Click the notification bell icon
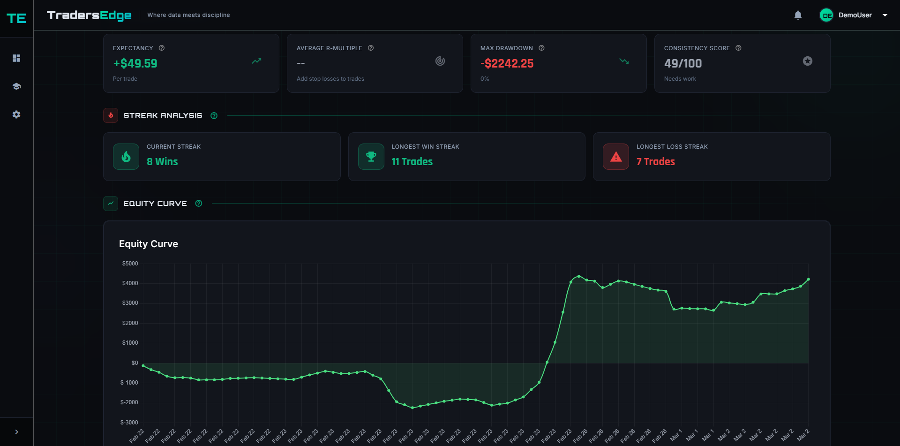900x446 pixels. [798, 15]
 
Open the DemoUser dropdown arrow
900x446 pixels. [885, 15]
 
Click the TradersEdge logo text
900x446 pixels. [89, 15]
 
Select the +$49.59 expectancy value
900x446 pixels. [135, 63]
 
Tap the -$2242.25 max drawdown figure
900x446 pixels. [507, 63]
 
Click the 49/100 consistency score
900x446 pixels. [683, 63]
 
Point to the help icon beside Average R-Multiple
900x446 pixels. [371, 48]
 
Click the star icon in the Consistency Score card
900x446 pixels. [807, 61]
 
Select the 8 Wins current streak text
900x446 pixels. [162, 161]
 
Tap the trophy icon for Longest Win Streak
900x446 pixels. [371, 157]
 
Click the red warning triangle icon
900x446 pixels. [616, 157]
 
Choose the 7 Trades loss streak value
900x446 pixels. [655, 161]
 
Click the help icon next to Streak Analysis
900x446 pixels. [214, 115]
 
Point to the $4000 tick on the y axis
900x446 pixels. [130, 283]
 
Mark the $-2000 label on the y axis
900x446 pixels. [129, 402]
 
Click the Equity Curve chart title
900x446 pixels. [149, 244]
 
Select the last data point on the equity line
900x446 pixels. [808, 279]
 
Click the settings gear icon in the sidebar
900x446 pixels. [16, 114]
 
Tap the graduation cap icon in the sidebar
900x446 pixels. [16, 86]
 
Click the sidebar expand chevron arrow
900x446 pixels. [16, 432]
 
